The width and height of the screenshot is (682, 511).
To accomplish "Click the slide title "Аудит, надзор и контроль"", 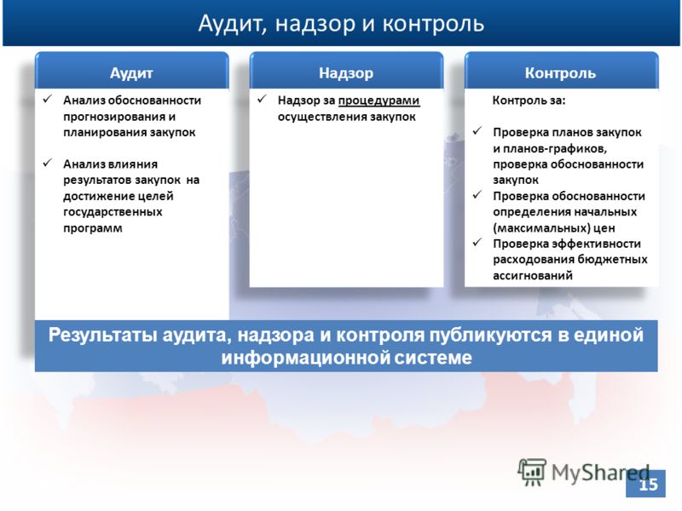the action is [341, 24].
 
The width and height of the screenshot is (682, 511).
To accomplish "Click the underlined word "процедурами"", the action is [379, 101].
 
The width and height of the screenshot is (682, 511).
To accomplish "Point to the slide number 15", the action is [648, 484].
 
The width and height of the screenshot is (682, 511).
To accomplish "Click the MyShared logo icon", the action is [531, 472].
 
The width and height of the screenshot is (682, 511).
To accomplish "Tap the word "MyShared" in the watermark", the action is [600, 473].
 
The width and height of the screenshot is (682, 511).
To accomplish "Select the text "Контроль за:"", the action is [529, 100].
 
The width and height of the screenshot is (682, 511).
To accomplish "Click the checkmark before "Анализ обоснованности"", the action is [48, 99].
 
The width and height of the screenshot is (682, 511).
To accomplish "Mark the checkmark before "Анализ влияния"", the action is [48, 163].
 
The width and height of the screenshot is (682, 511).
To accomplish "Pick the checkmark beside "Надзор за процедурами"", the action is [262, 99].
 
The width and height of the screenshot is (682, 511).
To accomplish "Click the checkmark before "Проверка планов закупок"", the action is [477, 131].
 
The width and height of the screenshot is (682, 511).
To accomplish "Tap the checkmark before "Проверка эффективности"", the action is [477, 242].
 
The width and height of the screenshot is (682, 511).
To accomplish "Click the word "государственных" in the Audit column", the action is [113, 212].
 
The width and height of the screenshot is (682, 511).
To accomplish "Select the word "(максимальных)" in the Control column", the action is [542, 228].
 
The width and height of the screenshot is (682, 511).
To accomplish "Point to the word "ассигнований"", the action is [532, 275].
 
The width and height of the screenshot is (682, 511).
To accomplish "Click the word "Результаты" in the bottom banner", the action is [102, 335].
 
